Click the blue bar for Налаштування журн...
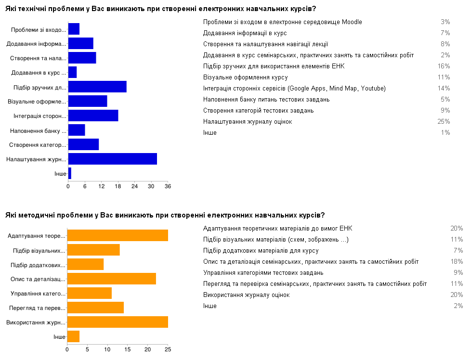click(112, 159)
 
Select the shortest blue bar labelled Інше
click(70, 173)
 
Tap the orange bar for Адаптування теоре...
click(117, 235)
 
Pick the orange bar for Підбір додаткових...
click(85, 264)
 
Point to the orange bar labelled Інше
click(73, 336)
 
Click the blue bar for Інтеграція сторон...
click(93, 116)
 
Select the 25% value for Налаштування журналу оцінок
click(445, 122)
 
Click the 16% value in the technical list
click(445, 66)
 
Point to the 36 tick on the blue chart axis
click(168, 186)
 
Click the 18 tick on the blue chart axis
click(118, 186)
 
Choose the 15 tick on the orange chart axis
click(128, 349)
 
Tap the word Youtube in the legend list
click(373, 89)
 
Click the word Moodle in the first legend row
click(350, 22)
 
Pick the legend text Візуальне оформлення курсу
click(246, 77)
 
